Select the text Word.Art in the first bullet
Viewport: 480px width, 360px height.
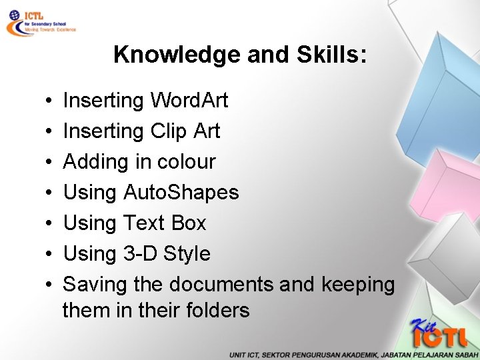tap(189, 101)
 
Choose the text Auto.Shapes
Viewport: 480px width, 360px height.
tap(181, 193)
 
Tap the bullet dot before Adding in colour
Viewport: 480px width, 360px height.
tap(51, 163)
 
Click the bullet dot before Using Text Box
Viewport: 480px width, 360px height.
tap(51, 224)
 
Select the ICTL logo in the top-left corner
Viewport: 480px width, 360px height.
tap(40, 22)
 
